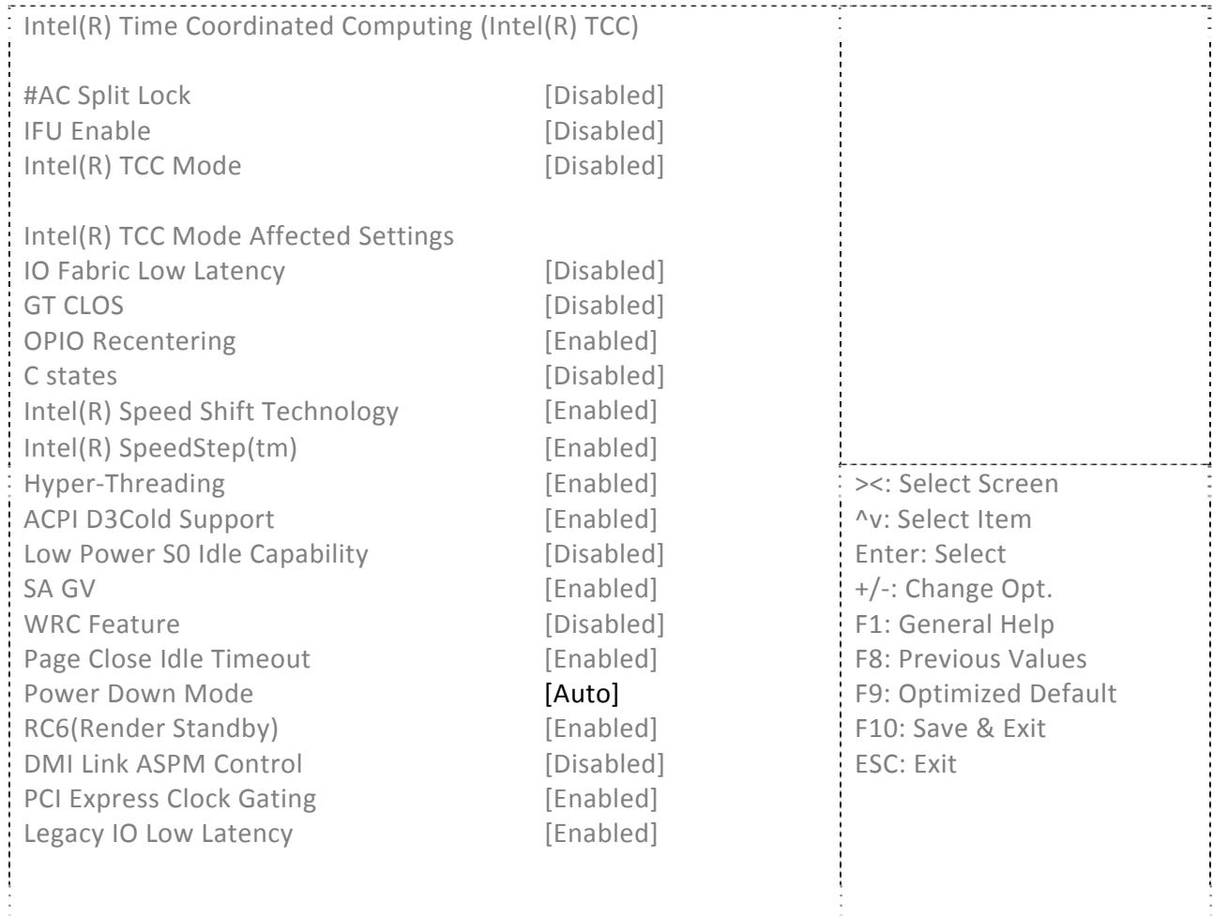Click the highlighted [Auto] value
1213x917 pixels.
581,694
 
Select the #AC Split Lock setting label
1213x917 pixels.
107,96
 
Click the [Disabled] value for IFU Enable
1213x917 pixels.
604,131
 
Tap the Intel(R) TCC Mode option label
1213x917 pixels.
132,166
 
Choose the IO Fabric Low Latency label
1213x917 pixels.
154,271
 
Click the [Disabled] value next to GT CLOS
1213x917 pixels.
604,306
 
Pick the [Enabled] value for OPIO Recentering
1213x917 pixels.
600,340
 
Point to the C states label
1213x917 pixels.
70,376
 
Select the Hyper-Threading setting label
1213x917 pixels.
125,484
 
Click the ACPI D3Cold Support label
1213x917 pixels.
148,519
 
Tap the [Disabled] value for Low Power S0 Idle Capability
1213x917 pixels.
604,554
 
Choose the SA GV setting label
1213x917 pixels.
59,589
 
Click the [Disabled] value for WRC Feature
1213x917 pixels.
604,624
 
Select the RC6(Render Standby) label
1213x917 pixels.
151,729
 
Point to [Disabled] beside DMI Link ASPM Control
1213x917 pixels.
604,764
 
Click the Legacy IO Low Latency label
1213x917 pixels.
158,834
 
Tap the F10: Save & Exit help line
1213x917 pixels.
950,729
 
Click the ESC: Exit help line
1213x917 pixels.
905,764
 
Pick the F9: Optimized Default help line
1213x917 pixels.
985,694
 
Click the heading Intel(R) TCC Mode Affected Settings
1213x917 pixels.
238,236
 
